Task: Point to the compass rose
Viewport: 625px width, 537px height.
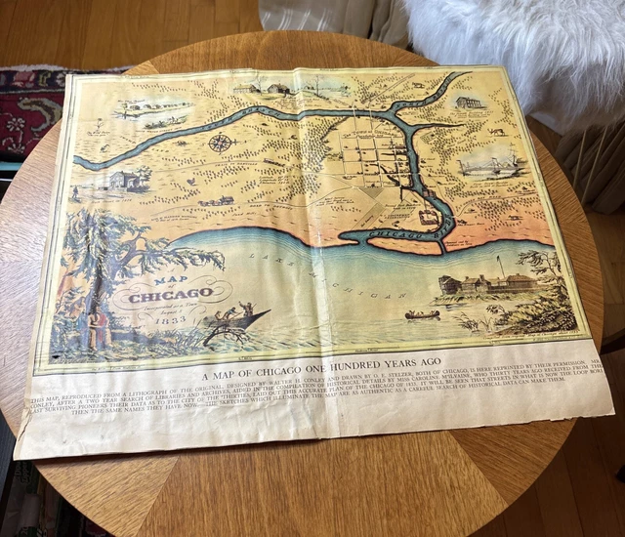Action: click(x=222, y=144)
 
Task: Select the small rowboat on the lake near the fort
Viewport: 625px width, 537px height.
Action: click(x=423, y=314)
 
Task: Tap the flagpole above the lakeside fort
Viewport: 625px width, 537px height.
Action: click(x=498, y=266)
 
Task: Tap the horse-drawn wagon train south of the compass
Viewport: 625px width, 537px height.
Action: click(x=217, y=199)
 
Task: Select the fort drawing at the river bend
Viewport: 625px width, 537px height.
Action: click(x=429, y=216)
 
